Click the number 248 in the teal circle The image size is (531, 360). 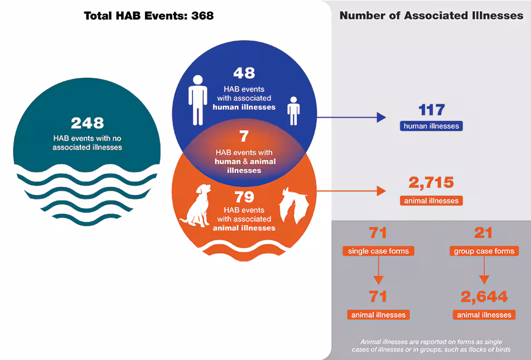pos(87,123)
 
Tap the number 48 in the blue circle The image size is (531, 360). pos(244,73)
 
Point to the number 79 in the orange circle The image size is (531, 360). pos(244,197)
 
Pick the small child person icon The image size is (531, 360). pos(293,110)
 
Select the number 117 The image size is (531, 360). pos(431,109)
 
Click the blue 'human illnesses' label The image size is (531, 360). pos(431,126)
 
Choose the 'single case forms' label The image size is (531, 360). pos(378,251)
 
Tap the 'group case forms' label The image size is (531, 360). pos(484,251)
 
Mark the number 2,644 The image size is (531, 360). pos(484,296)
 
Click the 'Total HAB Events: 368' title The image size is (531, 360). pos(148,16)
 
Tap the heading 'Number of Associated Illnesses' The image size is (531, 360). pos(431,16)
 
